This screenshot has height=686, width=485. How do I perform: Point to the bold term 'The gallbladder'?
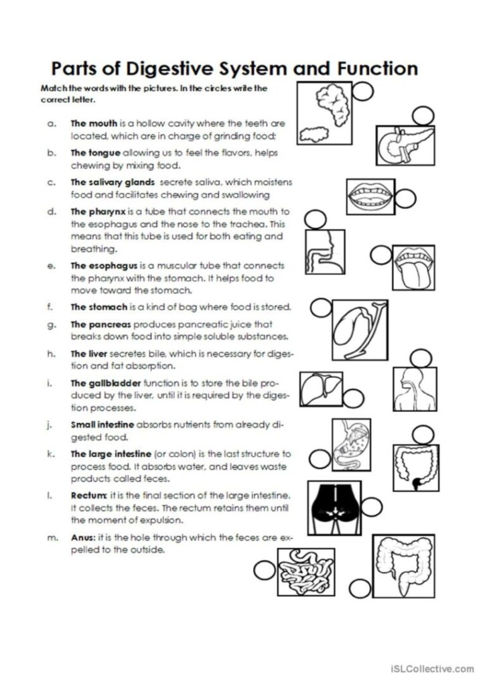coord(106,384)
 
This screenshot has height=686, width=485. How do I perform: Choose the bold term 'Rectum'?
coord(88,495)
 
